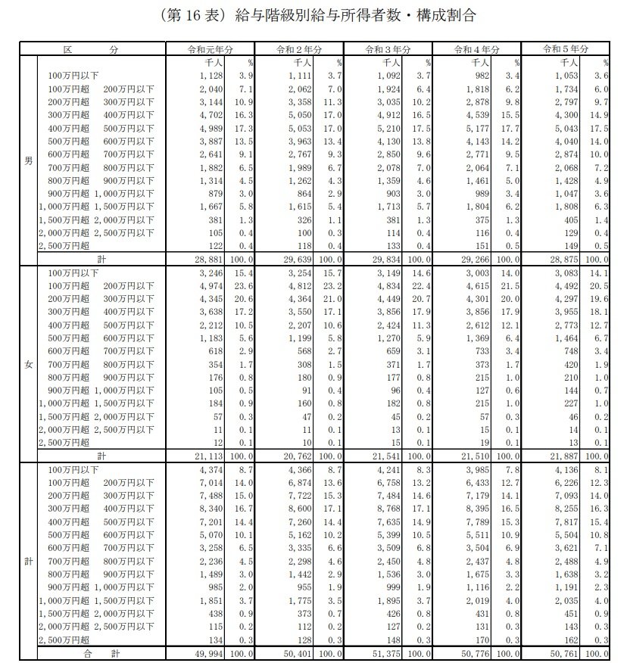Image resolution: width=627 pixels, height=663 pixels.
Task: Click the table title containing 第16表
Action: pyautogui.click(x=313, y=15)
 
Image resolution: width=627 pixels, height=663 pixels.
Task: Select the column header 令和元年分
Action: pyautogui.click(x=211, y=49)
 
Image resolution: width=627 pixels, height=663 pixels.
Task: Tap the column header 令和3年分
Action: pyautogui.click(x=388, y=49)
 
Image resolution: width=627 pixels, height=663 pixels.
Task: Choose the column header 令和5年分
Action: pyautogui.click(x=565, y=49)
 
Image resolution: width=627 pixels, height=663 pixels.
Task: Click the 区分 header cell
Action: pyautogui.click(x=91, y=49)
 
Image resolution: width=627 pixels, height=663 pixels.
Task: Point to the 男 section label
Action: pyautogui.click(x=28, y=161)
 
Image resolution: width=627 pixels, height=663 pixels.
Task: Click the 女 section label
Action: pyautogui.click(x=28, y=365)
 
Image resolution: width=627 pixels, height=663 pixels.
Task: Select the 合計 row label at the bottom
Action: pyautogui.click(x=91, y=653)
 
